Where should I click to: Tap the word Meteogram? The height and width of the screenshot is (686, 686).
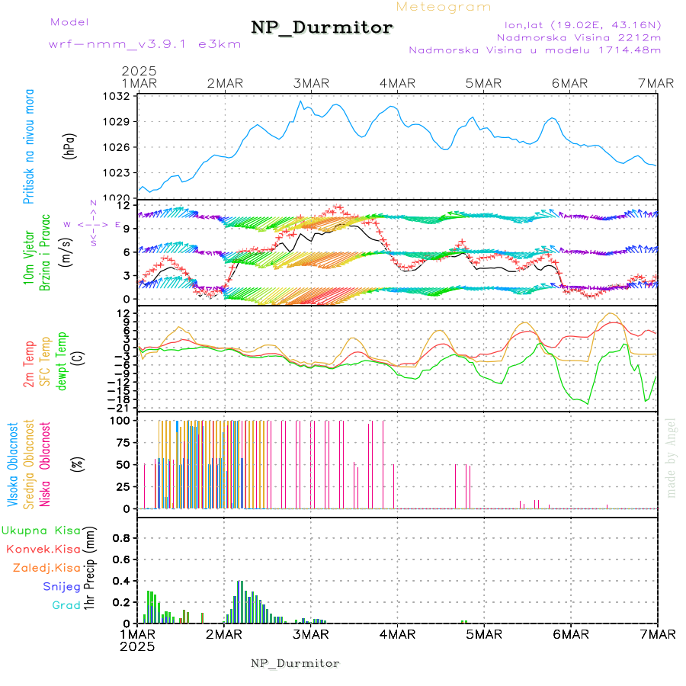click(444, 7)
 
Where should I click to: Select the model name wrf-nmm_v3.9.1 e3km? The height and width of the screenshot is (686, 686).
click(145, 43)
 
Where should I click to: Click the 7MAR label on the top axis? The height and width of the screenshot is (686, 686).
click(656, 83)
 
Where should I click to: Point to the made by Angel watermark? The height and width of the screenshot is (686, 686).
click(672, 457)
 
